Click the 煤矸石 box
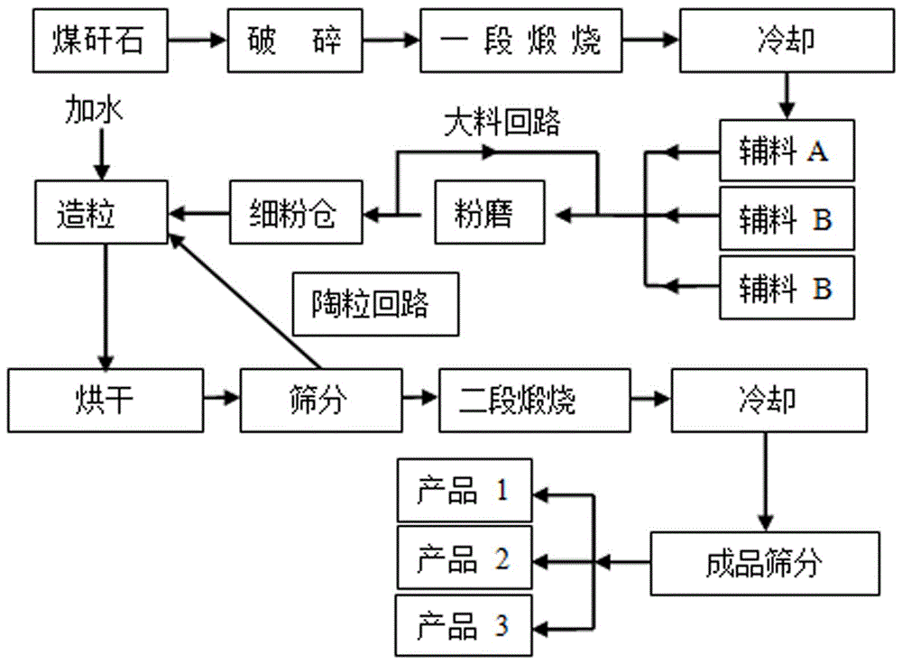point(101,41)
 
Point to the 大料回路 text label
point(502,124)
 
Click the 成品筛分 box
point(763,564)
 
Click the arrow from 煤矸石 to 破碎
point(197,41)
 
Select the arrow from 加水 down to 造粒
point(101,153)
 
